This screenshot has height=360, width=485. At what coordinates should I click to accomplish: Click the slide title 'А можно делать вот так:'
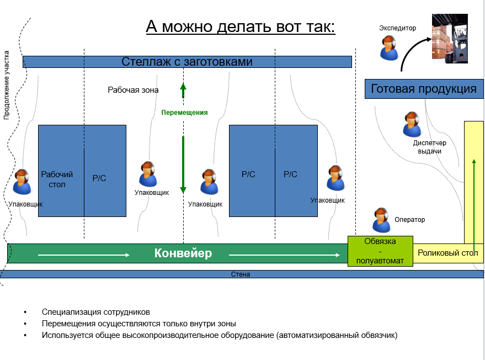click(x=241, y=27)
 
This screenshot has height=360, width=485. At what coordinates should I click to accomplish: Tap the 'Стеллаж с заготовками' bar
click(x=187, y=61)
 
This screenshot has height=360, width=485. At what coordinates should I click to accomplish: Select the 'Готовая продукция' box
click(x=424, y=89)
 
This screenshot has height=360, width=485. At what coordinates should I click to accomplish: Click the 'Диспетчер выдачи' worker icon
click(x=412, y=124)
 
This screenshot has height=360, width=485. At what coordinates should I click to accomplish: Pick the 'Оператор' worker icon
click(x=381, y=220)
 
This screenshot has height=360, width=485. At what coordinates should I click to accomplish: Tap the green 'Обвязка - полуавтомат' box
click(x=380, y=251)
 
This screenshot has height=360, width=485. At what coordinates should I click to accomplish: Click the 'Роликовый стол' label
click(x=447, y=253)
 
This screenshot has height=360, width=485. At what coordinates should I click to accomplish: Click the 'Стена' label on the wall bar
click(x=241, y=274)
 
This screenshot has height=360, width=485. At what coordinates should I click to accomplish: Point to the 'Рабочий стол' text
click(x=57, y=179)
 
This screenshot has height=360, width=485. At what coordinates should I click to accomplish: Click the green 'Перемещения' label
click(x=184, y=113)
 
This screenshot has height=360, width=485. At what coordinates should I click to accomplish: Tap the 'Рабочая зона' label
click(x=133, y=89)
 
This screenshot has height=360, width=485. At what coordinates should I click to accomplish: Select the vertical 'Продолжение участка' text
click(x=7, y=85)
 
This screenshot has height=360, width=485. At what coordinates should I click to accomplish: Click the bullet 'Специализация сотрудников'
click(x=95, y=312)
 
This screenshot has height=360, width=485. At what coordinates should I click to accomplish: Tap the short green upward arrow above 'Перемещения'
click(x=183, y=91)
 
